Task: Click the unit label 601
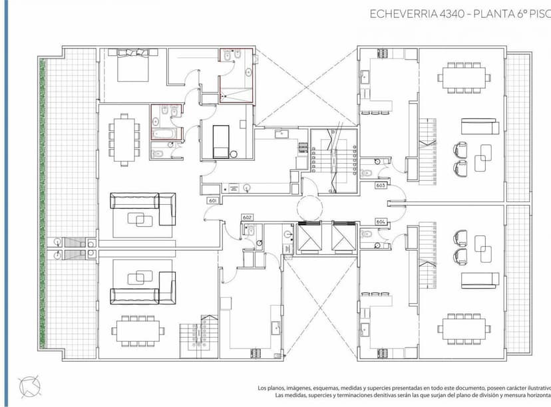(x=213, y=200)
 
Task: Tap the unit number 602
(x=248, y=217)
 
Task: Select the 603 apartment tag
(x=381, y=186)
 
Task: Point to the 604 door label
(x=381, y=221)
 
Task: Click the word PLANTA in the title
(x=492, y=13)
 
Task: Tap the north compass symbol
(x=28, y=385)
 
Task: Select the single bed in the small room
(x=221, y=141)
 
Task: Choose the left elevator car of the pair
(x=309, y=237)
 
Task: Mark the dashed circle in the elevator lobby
(x=309, y=207)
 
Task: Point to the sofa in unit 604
(x=480, y=277)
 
